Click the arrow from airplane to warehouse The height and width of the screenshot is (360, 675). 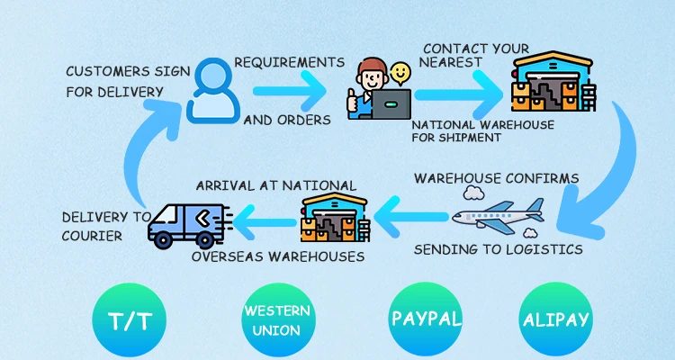coord(409,215)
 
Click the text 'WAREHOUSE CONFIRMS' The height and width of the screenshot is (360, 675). coord(496,178)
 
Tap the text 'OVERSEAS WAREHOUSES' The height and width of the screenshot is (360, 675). coord(278,256)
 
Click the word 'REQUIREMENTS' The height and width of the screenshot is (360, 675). coord(289,62)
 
